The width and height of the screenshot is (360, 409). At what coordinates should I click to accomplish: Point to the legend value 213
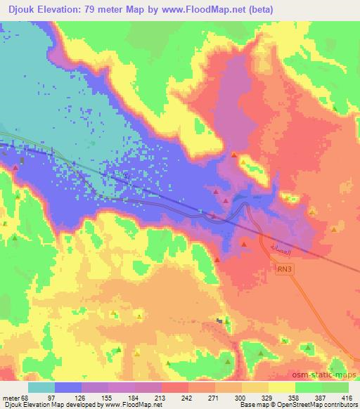coord(150,398)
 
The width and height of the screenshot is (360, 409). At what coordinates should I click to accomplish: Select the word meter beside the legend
coord(11,398)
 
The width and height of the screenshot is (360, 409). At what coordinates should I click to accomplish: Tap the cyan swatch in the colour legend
coord(41,387)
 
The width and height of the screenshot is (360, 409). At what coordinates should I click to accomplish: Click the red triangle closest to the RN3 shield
coord(243,243)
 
